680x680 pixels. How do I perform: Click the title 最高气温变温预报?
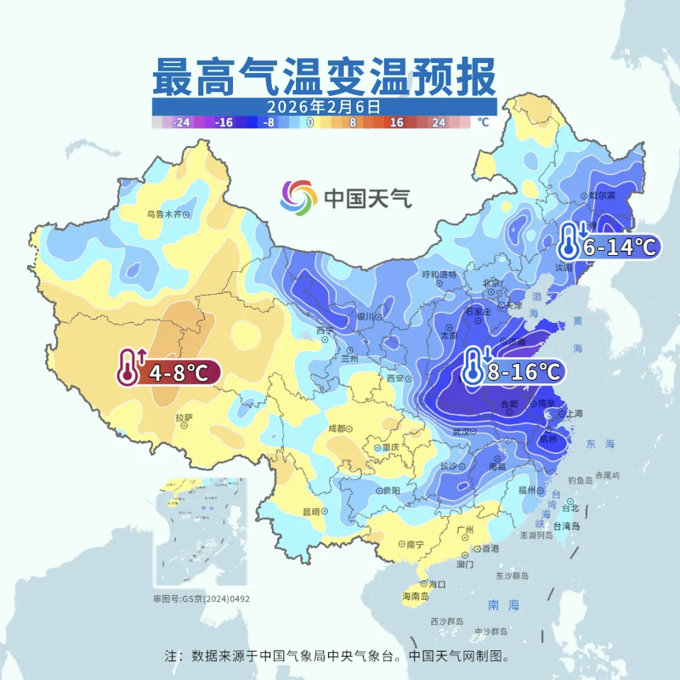(x=324, y=77)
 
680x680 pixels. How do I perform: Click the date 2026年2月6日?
(x=324, y=107)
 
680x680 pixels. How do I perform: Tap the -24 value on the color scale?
(x=181, y=122)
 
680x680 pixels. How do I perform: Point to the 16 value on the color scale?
(x=396, y=122)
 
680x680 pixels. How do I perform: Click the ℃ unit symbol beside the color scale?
(x=483, y=122)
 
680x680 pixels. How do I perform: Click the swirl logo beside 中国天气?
(x=297, y=197)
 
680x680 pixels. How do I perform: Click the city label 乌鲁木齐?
(x=164, y=214)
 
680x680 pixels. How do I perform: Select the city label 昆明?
(x=312, y=511)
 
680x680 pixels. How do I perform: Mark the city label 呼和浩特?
(x=439, y=274)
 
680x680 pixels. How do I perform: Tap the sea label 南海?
(x=504, y=605)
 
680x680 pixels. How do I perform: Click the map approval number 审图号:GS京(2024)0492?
(x=201, y=599)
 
